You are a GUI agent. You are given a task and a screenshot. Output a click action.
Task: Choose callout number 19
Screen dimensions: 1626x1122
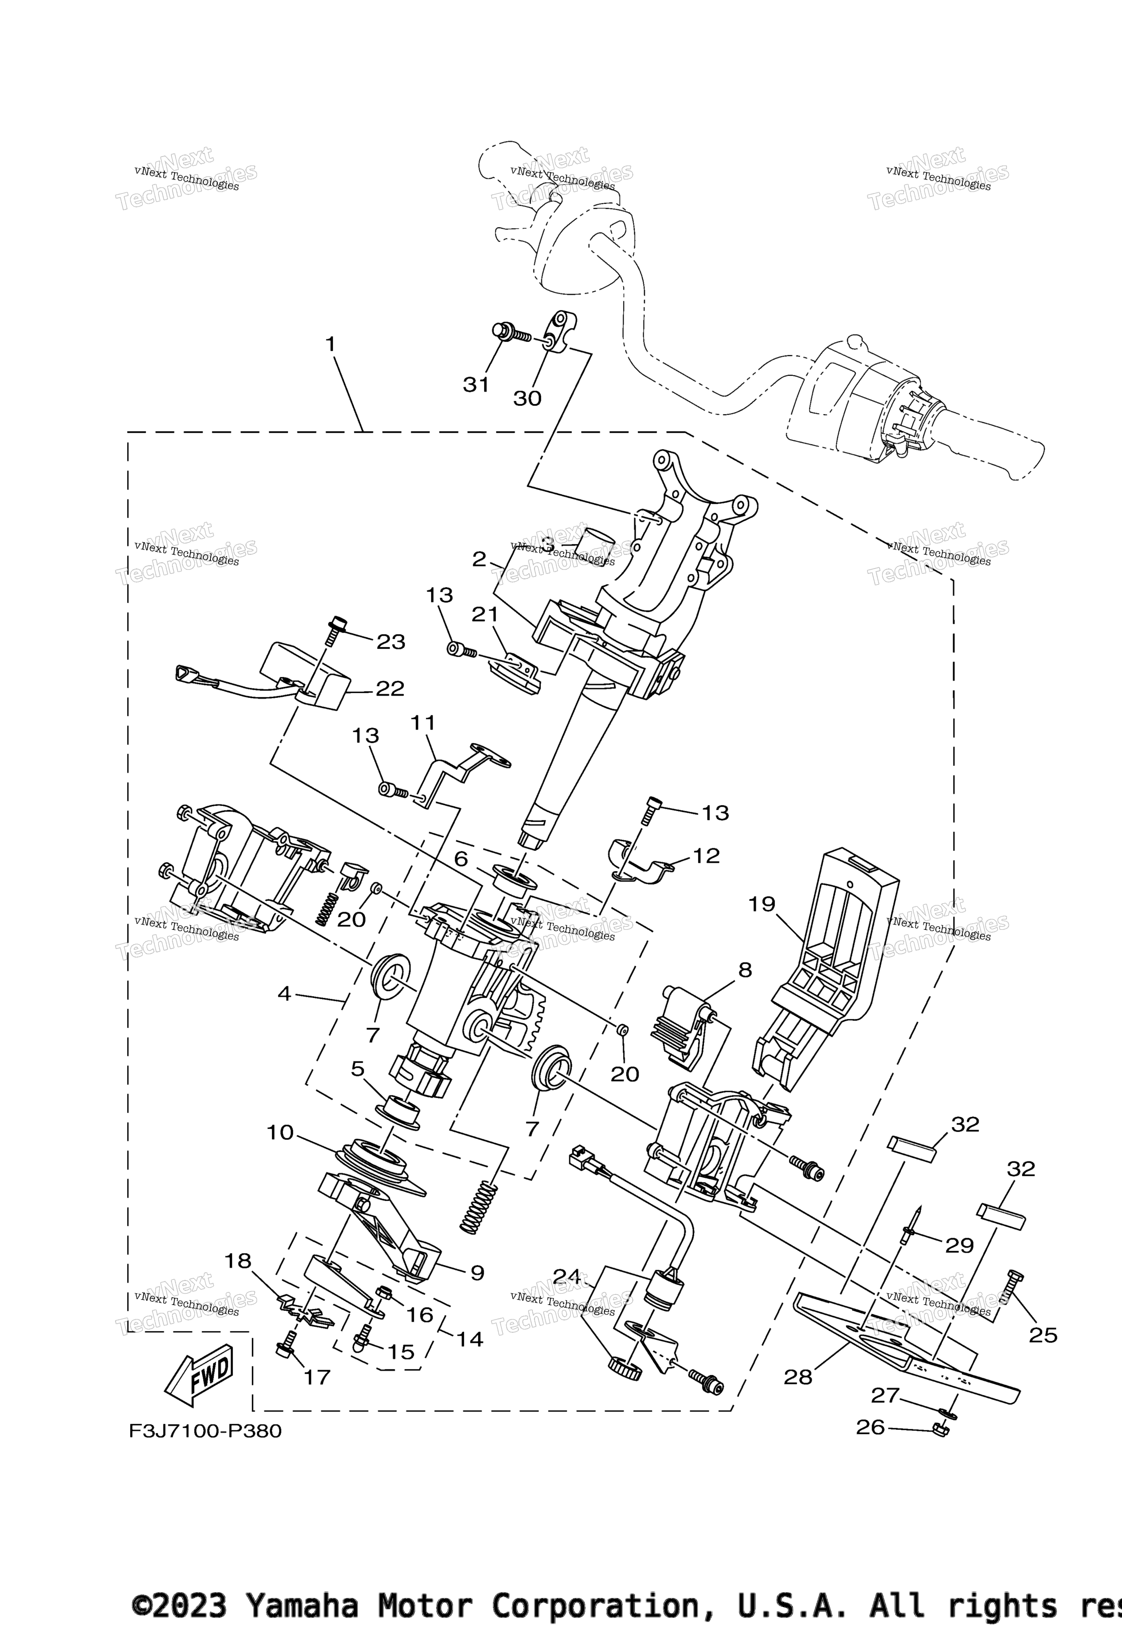coord(762,904)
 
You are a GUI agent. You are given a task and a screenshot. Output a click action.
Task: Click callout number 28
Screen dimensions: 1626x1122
coord(798,1377)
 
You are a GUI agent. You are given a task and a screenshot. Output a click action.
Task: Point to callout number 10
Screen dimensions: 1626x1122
coord(280,1133)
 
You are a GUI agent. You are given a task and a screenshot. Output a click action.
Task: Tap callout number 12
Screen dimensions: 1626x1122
coord(706,855)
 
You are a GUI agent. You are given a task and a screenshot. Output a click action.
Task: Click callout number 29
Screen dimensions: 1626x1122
coord(959,1245)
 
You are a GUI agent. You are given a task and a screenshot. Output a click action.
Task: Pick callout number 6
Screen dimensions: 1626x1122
coord(461,858)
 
